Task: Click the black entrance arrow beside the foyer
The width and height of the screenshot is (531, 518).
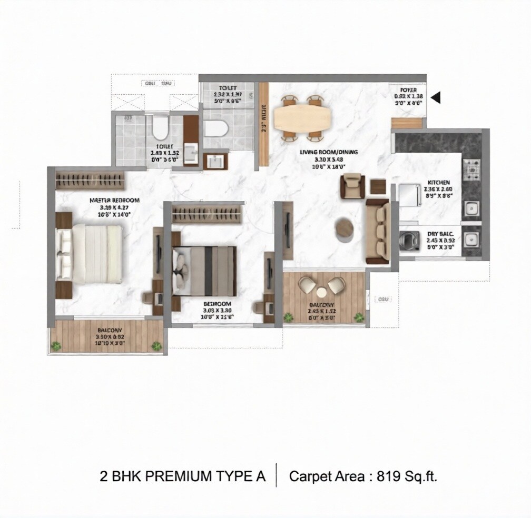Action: (x=436, y=97)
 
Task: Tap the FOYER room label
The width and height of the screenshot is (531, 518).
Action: (x=408, y=91)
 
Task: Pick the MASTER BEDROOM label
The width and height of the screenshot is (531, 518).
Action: (x=114, y=200)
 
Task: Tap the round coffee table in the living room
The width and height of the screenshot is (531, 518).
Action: (x=346, y=229)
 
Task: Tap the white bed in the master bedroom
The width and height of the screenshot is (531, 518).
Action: (x=92, y=253)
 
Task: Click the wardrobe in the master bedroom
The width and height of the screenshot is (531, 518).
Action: (x=91, y=180)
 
